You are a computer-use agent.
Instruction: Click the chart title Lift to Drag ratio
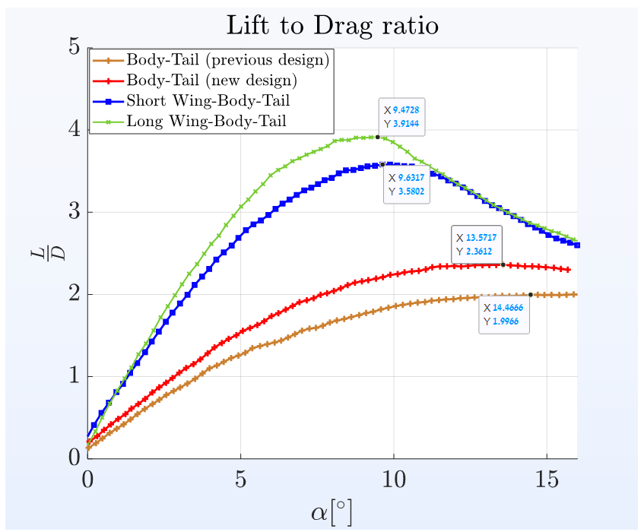point(332,26)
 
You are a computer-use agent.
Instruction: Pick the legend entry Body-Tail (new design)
point(211,80)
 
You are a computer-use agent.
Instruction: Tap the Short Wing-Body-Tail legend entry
point(208,100)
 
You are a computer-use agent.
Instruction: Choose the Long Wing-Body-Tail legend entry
point(206,120)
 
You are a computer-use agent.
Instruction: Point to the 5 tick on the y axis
point(74,48)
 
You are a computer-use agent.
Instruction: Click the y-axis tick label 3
point(74,212)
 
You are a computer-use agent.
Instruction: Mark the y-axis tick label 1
point(74,376)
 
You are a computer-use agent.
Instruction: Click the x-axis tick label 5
point(241,484)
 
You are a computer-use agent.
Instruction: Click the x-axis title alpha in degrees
point(332,512)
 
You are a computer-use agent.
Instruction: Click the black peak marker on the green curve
point(378,137)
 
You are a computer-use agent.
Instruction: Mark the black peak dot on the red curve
point(503,264)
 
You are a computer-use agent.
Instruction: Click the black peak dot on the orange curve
point(531,294)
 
